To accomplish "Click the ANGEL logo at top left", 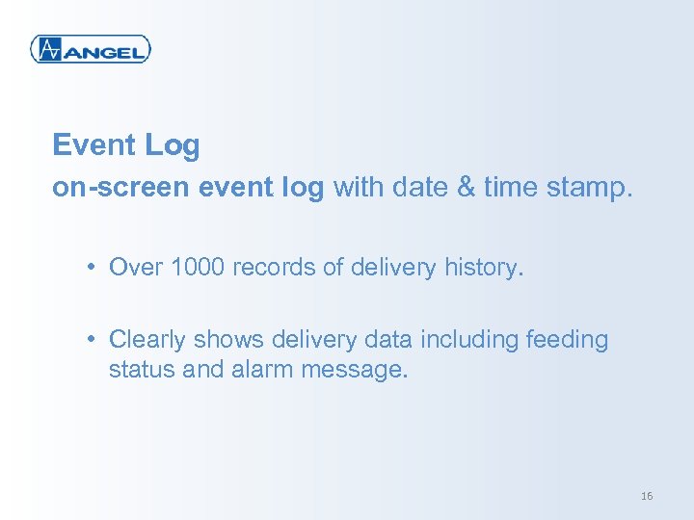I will [91, 49].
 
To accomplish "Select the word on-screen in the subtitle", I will [121, 187].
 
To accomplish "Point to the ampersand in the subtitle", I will [466, 187].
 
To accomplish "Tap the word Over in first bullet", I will [136, 267].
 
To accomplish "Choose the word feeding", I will [567, 340].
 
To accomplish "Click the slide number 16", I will [646, 496].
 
